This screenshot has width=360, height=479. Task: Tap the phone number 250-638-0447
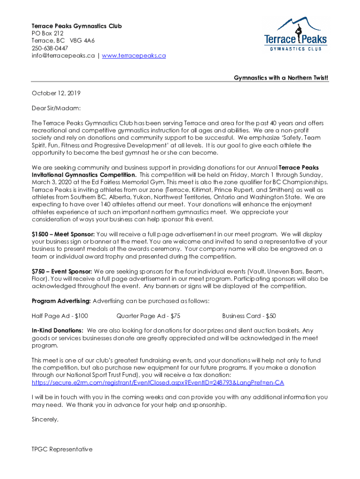click(x=50, y=48)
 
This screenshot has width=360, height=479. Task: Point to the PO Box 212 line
click(x=47, y=33)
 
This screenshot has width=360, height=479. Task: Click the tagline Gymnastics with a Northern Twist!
click(x=281, y=78)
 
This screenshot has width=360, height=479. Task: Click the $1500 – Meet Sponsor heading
click(x=63, y=234)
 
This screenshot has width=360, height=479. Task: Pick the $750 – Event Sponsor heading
click(x=62, y=271)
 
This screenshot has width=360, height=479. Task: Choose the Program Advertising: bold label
click(x=61, y=301)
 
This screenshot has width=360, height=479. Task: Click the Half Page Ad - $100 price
click(x=60, y=316)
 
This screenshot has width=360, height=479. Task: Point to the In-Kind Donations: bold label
click(x=58, y=331)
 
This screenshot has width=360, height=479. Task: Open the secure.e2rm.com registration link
click(x=158, y=383)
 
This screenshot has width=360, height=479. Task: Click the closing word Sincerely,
click(x=45, y=420)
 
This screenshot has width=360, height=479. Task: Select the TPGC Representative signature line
click(x=62, y=450)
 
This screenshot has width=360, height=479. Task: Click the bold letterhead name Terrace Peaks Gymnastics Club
click(x=77, y=26)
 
